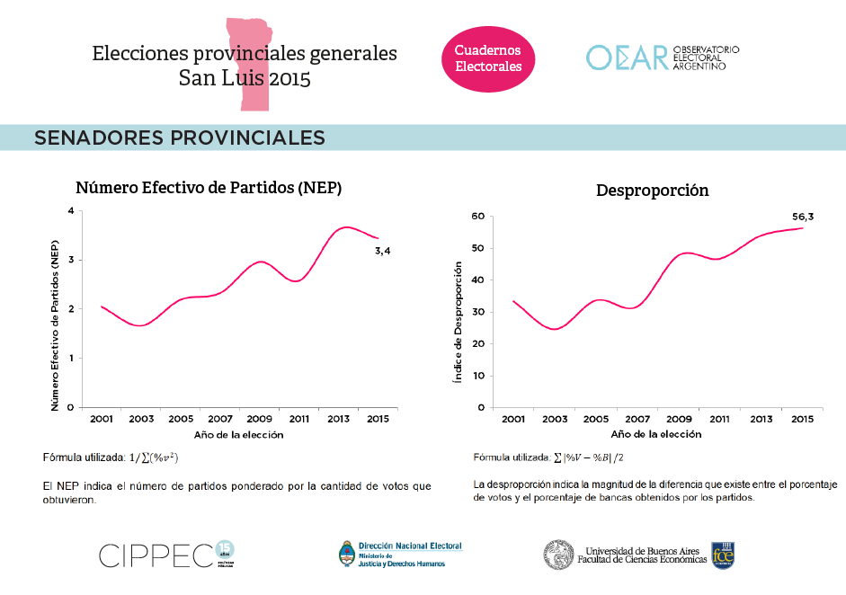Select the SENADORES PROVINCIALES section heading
[180, 138]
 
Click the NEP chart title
[209, 188]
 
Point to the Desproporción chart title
[652, 191]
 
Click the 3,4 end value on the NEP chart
[382, 251]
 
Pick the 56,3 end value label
[802, 216]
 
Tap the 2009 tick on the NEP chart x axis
[259, 421]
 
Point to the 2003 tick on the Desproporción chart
[554, 421]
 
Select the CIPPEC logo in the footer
[166, 555]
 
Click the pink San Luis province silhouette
[247, 63]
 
